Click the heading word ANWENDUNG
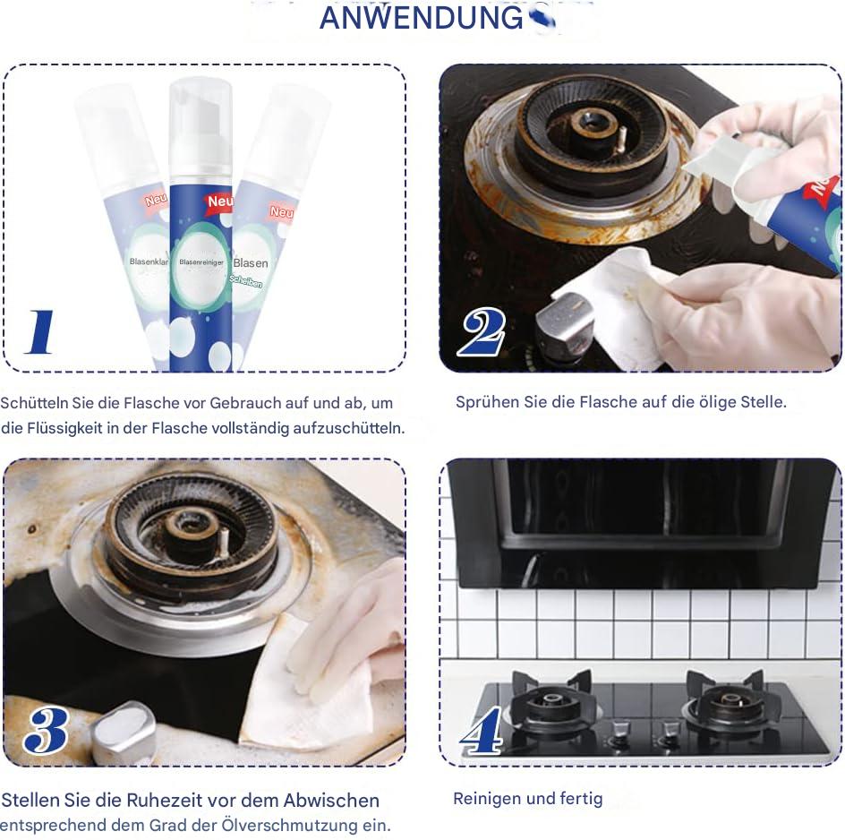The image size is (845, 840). click(x=421, y=17)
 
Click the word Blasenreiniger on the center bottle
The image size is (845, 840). click(x=201, y=262)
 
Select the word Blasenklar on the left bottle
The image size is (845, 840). click(x=147, y=261)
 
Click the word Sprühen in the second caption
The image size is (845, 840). click(x=488, y=402)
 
